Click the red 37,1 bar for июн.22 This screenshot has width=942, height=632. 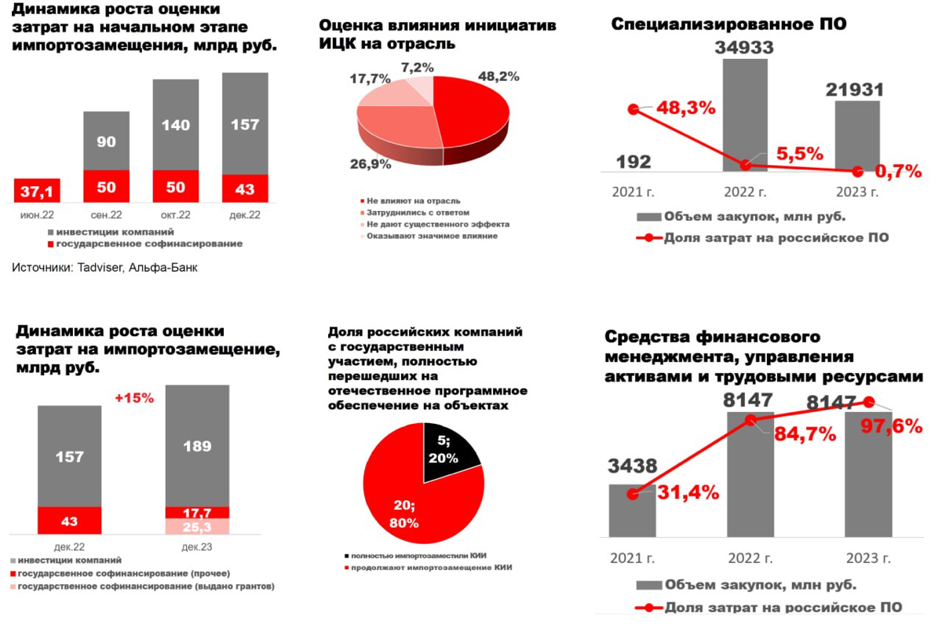click(38, 191)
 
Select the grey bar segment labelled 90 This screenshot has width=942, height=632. click(107, 141)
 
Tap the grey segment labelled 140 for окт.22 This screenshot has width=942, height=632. click(176, 124)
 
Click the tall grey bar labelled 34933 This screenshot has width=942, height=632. click(745, 110)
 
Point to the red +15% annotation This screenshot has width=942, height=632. click(134, 398)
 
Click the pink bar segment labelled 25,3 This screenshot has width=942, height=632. click(197, 526)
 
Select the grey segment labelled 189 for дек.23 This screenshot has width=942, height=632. click(197, 446)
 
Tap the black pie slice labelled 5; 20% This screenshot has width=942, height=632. click(447, 449)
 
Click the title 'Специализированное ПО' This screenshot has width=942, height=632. click(728, 24)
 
